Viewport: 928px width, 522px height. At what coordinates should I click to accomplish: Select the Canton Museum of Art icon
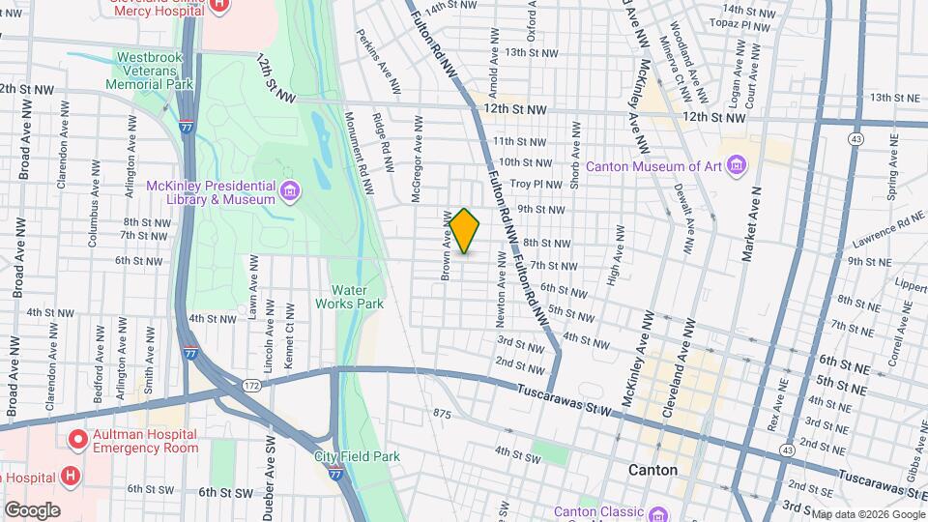pyautogui.click(x=738, y=165)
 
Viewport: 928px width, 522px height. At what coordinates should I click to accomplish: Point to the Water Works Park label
pyautogui.click(x=350, y=296)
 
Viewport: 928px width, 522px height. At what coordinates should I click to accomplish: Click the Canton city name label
pyautogui.click(x=652, y=470)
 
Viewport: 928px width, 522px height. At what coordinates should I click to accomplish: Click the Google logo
pyautogui.click(x=32, y=510)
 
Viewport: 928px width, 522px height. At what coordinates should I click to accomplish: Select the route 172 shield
pyautogui.click(x=251, y=386)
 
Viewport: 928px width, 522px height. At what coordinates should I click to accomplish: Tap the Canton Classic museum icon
pyautogui.click(x=658, y=511)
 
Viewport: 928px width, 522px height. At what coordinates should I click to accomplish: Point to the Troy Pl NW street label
pyautogui.click(x=536, y=184)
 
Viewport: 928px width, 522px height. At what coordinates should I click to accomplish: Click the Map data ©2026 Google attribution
pyautogui.click(x=867, y=514)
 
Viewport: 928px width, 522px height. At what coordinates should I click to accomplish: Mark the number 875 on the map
pyautogui.click(x=443, y=413)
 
